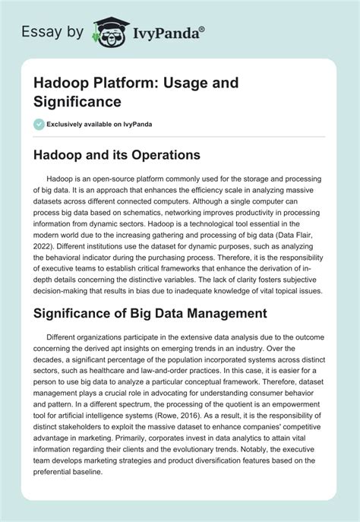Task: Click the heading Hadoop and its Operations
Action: [x=114, y=154]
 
